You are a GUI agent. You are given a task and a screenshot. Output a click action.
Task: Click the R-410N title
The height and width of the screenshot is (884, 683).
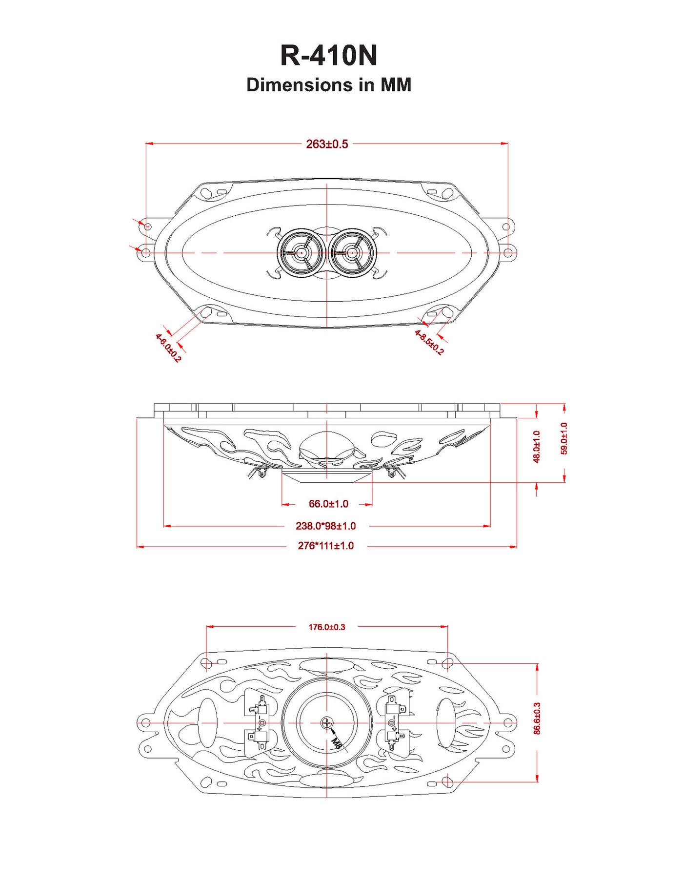(329, 56)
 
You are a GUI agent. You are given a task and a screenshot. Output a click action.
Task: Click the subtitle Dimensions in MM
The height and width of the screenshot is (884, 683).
(329, 85)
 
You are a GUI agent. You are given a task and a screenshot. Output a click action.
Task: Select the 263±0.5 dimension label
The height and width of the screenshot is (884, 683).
(327, 144)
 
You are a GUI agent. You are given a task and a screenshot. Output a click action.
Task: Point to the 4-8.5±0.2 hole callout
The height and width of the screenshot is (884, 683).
(429, 342)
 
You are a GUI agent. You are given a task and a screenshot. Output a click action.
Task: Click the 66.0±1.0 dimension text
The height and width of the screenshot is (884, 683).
(328, 504)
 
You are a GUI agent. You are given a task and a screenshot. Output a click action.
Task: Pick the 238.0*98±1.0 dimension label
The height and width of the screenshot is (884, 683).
(325, 526)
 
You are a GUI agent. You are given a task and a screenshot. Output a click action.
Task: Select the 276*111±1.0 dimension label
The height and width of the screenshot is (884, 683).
(325, 546)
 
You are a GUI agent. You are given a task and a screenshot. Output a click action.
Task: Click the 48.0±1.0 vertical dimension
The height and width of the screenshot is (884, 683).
(537, 446)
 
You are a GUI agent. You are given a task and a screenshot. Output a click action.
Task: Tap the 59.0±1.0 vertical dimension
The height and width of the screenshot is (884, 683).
(564, 438)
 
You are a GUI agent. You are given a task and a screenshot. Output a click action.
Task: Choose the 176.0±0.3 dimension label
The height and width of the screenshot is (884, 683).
(327, 627)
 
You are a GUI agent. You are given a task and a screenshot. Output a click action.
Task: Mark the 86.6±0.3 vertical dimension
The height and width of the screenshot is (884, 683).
(537, 718)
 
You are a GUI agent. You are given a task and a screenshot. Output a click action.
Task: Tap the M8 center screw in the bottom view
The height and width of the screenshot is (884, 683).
(327, 722)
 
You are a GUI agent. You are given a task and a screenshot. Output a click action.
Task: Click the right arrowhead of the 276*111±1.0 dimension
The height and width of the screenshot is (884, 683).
(513, 547)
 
